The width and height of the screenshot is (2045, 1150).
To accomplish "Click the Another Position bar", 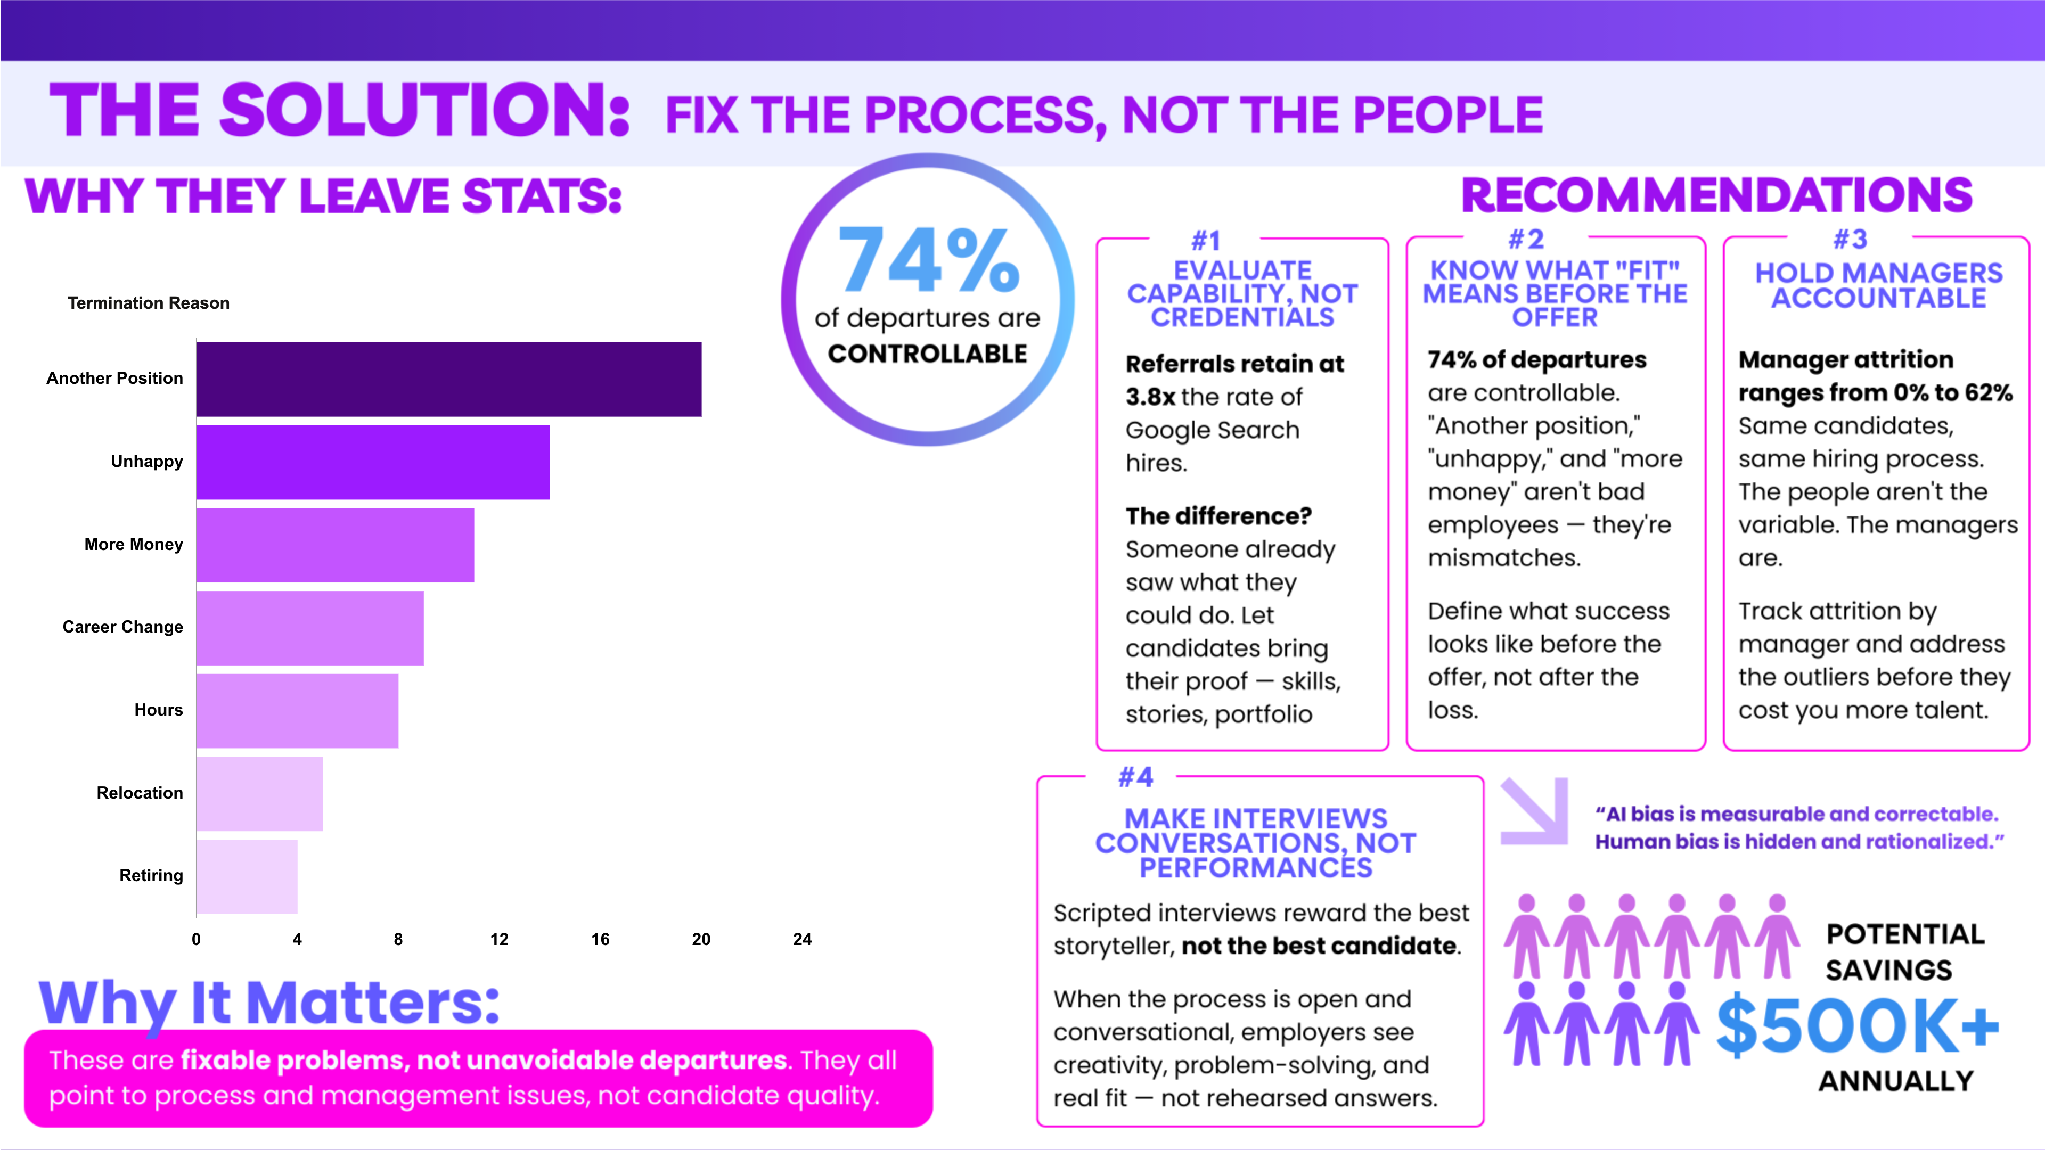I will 448,380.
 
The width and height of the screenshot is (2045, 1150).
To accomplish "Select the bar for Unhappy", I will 373,462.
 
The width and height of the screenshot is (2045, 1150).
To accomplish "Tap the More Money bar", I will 335,545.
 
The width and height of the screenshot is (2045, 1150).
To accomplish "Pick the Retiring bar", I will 247,876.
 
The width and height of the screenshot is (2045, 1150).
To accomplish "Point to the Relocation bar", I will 259,794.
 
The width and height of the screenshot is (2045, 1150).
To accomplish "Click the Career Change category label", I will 123,627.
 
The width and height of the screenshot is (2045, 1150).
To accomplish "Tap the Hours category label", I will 159,710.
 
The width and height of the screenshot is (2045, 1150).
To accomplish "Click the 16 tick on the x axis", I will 600,939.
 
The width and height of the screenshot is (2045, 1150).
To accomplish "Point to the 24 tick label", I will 802,939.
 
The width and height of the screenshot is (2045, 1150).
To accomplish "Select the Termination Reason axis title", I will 149,303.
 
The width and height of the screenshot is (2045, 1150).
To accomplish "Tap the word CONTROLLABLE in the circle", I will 927,354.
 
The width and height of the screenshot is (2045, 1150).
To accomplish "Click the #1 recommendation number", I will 1206,240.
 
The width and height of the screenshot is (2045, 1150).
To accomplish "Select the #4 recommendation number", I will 1135,777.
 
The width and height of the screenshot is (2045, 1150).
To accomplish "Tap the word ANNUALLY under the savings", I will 1896,1081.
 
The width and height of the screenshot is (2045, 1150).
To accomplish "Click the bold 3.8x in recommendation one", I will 1150,397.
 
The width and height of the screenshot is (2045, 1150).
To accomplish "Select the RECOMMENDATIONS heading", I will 1716,196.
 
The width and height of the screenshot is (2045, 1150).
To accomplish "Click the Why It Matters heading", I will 270,1003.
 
